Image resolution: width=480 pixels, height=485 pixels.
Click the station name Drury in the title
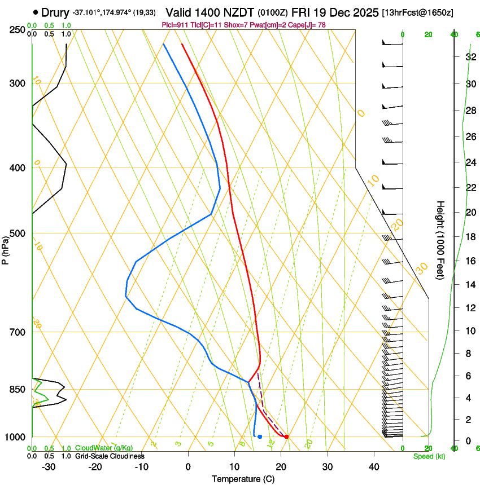tap(55, 12)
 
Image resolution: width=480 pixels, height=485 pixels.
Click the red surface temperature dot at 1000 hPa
tap(286, 436)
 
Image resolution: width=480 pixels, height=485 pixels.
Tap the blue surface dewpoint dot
tap(260, 436)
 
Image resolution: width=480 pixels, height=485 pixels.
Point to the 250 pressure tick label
tap(17, 30)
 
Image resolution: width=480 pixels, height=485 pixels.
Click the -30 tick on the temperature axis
tap(49, 467)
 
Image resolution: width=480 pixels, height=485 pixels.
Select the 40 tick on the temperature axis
tap(374, 467)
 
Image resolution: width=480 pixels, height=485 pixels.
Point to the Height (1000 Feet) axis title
tap(440, 240)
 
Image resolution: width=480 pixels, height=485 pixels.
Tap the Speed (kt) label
tap(429, 456)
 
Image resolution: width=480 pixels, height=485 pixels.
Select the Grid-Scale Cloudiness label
tap(110, 456)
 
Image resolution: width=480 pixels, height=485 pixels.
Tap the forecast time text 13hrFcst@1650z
tap(417, 12)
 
